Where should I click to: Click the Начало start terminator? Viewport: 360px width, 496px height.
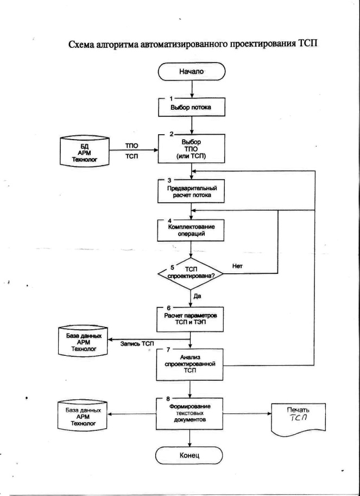tap(192, 72)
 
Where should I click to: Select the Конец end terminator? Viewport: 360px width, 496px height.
tap(190, 455)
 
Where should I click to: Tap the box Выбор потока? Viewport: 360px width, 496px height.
tap(191, 107)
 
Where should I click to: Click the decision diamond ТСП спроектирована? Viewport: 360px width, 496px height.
tap(190, 274)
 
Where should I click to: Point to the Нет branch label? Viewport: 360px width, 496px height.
tap(237, 266)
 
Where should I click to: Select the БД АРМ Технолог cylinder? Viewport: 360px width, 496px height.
tap(85, 150)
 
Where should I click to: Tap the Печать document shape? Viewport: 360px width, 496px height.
tap(298, 419)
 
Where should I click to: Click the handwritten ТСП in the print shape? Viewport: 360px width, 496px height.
tap(298, 418)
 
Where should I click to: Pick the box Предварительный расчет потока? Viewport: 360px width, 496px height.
tap(191, 192)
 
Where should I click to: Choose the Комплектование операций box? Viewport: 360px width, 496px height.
tap(191, 230)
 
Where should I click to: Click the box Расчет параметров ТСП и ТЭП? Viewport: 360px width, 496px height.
tap(190, 319)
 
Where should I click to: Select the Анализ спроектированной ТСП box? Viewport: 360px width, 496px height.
tap(190, 365)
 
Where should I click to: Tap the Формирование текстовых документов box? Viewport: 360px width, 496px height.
tap(190, 413)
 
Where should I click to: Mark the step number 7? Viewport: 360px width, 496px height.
tap(168, 350)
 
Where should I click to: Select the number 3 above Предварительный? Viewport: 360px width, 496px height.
tap(169, 180)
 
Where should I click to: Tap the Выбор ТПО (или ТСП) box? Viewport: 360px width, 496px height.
tap(191, 149)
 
